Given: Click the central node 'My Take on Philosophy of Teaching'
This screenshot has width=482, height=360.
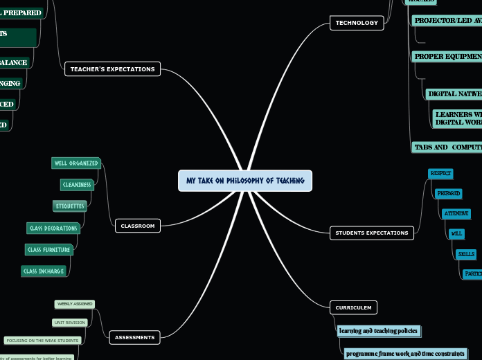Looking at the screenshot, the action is [x=245, y=181].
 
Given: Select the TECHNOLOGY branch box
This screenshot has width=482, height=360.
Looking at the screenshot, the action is [x=357, y=23].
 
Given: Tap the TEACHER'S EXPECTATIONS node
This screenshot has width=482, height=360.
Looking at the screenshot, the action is [x=113, y=69].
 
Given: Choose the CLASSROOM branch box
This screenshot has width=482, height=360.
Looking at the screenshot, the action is [x=138, y=226].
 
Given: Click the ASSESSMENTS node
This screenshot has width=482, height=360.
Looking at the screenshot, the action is [x=135, y=337].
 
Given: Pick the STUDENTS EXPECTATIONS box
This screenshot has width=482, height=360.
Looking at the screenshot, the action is [x=372, y=233].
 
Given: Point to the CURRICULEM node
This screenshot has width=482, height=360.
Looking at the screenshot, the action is [x=353, y=307].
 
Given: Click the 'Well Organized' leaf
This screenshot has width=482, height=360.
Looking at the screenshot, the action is [x=76, y=163].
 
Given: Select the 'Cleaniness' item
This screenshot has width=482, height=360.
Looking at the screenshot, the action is [x=77, y=184].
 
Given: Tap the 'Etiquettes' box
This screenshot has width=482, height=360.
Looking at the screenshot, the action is [x=70, y=206].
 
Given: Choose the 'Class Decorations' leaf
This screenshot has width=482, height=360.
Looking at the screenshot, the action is [x=53, y=228].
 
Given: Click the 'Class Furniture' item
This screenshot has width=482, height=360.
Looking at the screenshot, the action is [x=48, y=249].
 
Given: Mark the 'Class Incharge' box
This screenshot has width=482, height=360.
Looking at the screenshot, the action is [x=44, y=271].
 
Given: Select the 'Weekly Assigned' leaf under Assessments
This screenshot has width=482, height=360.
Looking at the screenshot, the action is [x=74, y=304].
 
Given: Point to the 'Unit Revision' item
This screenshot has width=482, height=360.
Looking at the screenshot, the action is [x=69, y=323].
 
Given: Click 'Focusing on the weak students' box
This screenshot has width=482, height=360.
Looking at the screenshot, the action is [x=42, y=341].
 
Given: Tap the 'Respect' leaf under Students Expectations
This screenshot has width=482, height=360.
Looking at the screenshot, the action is [x=440, y=173].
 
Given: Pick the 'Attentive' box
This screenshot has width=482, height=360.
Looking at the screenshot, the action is [x=456, y=214].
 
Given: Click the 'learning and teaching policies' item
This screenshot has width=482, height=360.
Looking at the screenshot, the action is [x=378, y=331].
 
